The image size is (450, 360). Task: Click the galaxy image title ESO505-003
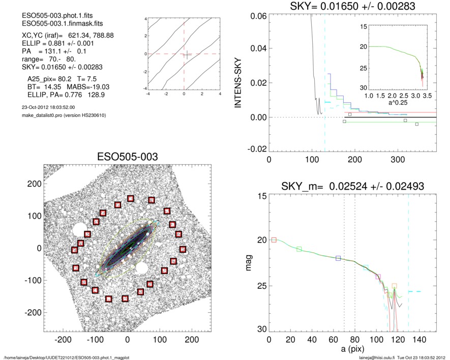(x=127, y=156)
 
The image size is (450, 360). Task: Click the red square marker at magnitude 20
(x=274, y=239)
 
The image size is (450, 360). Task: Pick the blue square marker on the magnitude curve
(x=338, y=258)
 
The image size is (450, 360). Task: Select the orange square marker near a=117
(x=394, y=286)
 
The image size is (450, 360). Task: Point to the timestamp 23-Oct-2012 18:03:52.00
(x=46, y=107)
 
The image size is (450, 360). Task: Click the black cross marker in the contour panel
(x=187, y=55)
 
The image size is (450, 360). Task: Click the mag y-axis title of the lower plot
(x=249, y=264)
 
